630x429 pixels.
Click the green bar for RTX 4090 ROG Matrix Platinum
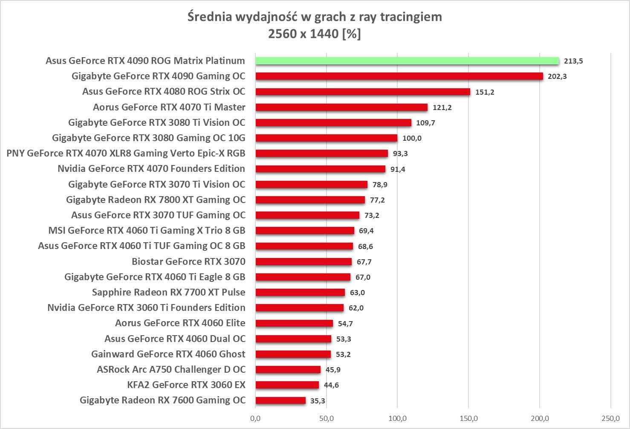[x=407, y=61]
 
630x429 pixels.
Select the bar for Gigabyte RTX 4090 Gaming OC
[x=399, y=76]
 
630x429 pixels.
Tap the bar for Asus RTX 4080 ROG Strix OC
[x=363, y=92]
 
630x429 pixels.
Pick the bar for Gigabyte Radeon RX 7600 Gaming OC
[x=280, y=400]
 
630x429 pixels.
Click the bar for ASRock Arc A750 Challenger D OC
[x=288, y=370]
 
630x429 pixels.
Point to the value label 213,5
[x=573, y=61]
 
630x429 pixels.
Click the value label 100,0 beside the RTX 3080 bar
[x=412, y=138]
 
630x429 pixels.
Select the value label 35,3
[x=318, y=401]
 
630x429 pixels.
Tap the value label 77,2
[x=377, y=200]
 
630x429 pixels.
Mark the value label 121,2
[x=442, y=107]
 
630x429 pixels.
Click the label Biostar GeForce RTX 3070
[x=188, y=261]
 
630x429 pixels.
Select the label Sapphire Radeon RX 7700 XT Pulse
[x=168, y=293]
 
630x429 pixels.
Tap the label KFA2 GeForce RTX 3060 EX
[x=186, y=385]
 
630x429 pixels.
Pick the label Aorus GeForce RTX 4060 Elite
[x=180, y=323]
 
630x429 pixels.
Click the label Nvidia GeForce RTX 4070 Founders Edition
[x=151, y=169]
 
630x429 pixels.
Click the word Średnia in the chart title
[x=210, y=17]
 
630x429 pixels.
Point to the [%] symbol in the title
[x=352, y=34]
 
